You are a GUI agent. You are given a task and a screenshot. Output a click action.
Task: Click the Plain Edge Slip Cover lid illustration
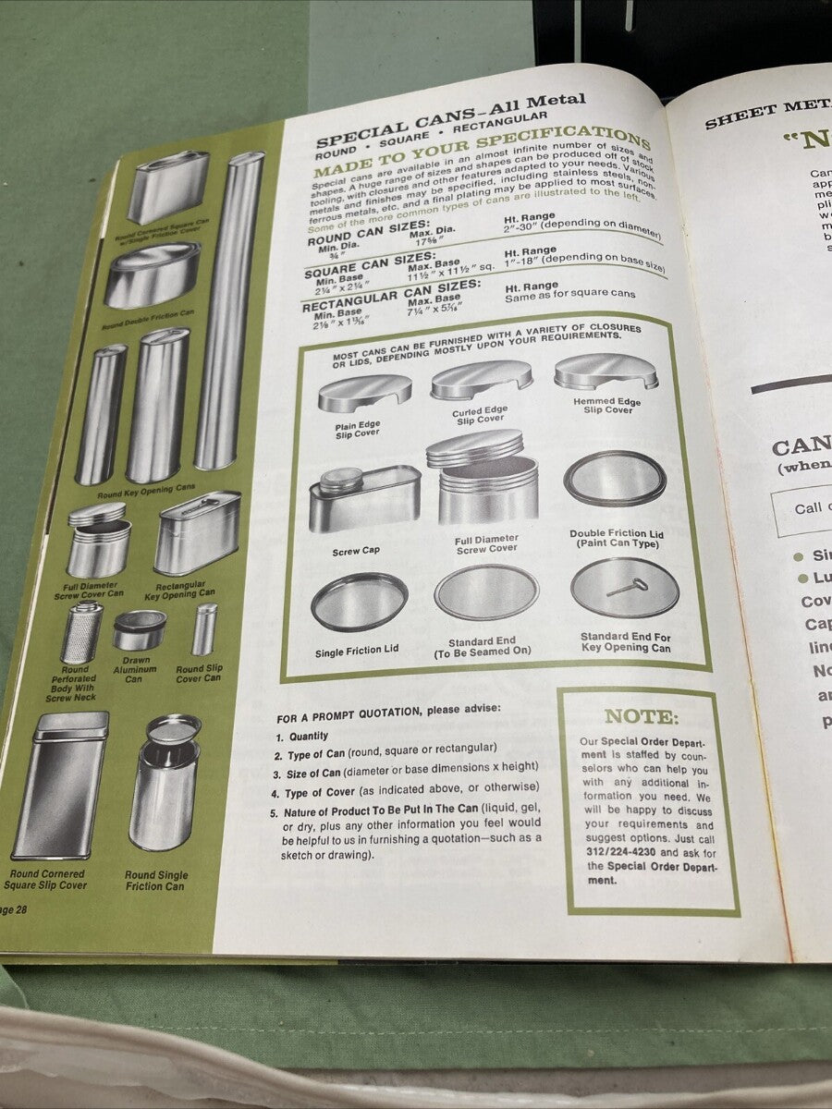[x=364, y=392]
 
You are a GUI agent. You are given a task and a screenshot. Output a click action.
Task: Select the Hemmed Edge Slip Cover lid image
[x=606, y=371]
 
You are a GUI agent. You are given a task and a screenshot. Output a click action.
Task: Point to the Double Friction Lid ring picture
[x=615, y=477]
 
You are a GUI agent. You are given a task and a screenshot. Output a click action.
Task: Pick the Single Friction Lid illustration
[x=359, y=601]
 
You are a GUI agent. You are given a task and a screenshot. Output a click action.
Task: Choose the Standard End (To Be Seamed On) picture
[x=486, y=591]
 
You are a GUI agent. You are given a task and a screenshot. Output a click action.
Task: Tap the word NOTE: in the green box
[x=641, y=716]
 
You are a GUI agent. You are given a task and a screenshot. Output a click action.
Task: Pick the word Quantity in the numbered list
[x=309, y=737]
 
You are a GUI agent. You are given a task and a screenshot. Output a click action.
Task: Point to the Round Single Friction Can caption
[x=156, y=881]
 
